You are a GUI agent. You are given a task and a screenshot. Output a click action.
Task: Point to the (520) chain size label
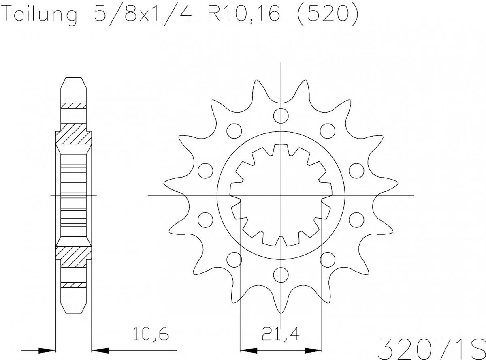[x=327, y=15]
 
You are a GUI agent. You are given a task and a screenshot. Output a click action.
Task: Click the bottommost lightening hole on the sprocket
[x=280, y=274]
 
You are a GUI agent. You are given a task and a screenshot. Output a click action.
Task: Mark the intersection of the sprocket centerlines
[x=281, y=195]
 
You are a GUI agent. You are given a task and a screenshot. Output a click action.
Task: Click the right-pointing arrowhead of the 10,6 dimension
[x=47, y=349]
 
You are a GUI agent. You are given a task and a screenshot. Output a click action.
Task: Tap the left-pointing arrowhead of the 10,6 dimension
[x=100, y=349]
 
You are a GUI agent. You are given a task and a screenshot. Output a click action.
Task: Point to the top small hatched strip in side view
[x=73, y=106]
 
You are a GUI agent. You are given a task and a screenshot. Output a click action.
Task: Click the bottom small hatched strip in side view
[x=73, y=285]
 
